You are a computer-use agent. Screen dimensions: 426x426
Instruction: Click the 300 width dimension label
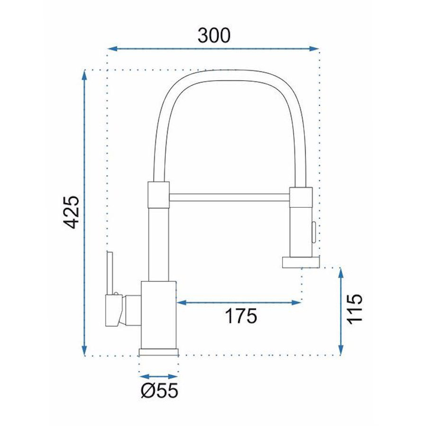[214, 35]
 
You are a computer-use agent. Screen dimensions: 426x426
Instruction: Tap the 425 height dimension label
[71, 212]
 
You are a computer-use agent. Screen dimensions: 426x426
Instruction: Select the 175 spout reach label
[241, 316]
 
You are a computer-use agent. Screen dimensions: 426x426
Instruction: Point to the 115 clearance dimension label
[355, 309]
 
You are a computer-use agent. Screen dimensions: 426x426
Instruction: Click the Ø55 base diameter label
[160, 390]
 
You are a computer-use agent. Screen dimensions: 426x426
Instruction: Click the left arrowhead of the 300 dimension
[112, 49]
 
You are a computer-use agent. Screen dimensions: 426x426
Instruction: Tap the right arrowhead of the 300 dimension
[314, 49]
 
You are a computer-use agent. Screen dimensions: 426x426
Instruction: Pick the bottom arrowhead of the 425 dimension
[84, 350]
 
